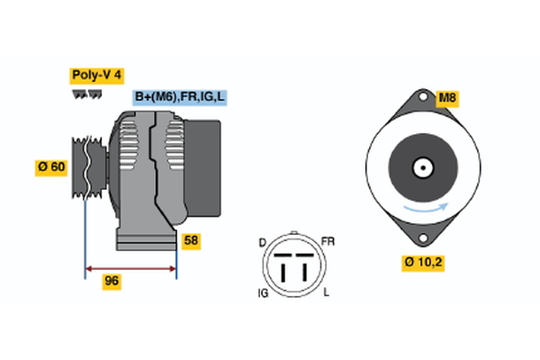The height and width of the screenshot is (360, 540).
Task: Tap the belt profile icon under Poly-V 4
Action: click(x=85, y=94)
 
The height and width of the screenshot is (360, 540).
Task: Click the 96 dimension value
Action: click(x=112, y=282)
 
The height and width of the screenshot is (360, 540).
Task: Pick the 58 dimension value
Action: click(x=191, y=241)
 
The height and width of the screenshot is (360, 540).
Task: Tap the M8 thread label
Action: click(x=448, y=97)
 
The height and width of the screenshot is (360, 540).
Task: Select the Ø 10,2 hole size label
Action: click(x=422, y=264)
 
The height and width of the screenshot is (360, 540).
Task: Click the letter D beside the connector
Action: click(x=262, y=242)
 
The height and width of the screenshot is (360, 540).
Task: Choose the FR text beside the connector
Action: click(x=328, y=242)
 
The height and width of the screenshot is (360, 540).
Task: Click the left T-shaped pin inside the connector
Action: click(x=283, y=267)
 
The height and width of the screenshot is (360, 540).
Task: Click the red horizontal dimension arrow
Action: click(x=130, y=267)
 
